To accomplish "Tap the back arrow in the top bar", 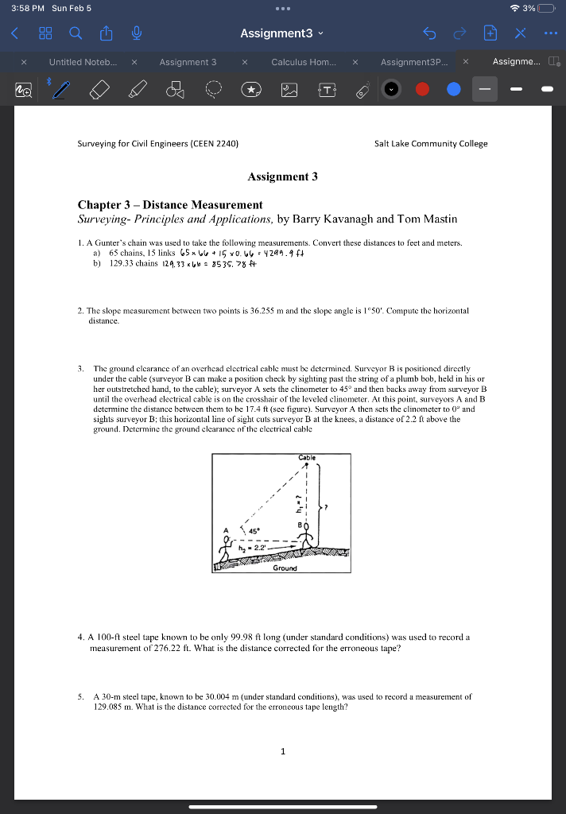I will (x=14, y=33).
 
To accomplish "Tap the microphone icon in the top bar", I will (x=137, y=33).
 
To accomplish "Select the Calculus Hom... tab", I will (x=303, y=62).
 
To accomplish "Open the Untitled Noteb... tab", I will (x=82, y=62).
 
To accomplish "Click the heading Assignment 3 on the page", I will (x=282, y=176).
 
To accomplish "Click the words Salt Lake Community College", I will (x=431, y=144).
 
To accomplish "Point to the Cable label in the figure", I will (x=307, y=458).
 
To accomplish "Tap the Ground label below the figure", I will (x=285, y=568).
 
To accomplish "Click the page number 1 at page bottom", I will (x=282, y=751).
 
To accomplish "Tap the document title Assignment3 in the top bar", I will (x=277, y=33).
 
